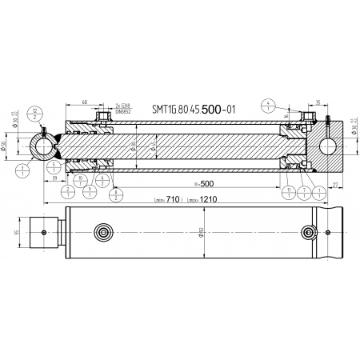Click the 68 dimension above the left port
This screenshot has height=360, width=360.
tap(84, 102)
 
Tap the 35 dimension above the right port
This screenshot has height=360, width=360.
tap(319, 102)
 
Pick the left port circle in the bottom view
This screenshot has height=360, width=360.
tap(103, 232)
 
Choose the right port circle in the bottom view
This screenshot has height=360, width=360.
tap(308, 232)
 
